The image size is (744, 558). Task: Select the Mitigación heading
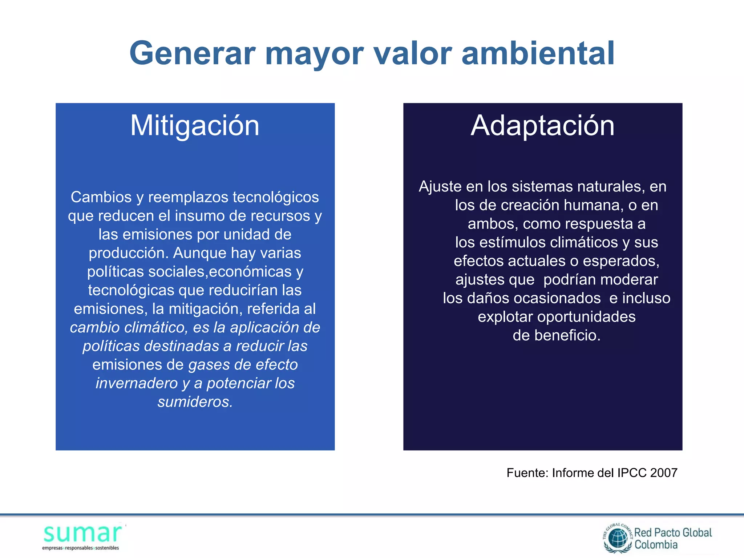[x=195, y=126]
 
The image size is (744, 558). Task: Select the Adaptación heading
[x=542, y=126]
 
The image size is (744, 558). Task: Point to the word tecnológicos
[x=276, y=197]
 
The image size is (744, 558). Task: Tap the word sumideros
[x=195, y=402]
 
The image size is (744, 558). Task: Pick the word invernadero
[x=137, y=383]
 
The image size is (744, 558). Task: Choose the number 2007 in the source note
[x=664, y=473]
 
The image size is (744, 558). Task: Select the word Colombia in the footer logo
[x=656, y=545]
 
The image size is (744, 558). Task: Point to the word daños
[x=488, y=298]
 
